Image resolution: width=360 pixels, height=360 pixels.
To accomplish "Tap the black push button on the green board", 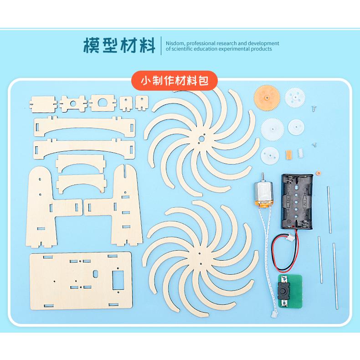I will point(283,288).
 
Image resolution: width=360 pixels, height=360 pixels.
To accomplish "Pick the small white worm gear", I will point(300,153).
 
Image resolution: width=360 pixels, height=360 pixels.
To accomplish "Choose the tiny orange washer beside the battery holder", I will point(319,173).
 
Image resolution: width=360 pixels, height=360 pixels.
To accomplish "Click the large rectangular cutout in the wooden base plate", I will point(119,279).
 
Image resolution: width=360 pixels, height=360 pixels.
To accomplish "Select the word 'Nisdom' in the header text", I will point(174,43).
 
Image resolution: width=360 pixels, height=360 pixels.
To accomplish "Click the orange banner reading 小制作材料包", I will point(175,81).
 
